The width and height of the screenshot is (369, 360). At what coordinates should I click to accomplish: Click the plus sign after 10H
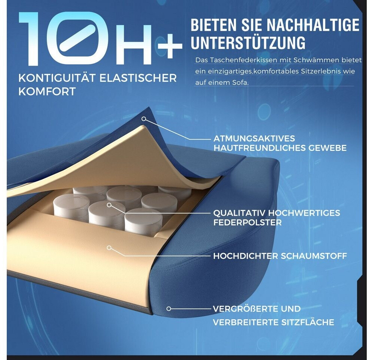click(170, 46)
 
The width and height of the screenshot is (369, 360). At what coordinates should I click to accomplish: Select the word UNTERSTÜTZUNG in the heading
click(248, 42)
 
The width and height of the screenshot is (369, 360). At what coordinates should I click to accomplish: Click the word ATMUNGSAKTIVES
click(254, 138)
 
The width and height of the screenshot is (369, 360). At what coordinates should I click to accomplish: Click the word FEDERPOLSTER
click(247, 222)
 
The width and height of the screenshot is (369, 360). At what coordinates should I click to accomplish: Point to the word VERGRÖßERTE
click(246, 309)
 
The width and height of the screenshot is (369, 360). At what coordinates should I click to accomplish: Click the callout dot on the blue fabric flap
click(144, 119)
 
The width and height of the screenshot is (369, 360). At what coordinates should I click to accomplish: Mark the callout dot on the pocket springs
click(109, 205)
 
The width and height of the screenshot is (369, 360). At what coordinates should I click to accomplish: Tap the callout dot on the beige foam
click(109, 248)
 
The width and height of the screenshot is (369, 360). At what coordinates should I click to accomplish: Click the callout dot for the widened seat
click(168, 309)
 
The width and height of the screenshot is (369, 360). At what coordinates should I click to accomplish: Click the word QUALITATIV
click(240, 213)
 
